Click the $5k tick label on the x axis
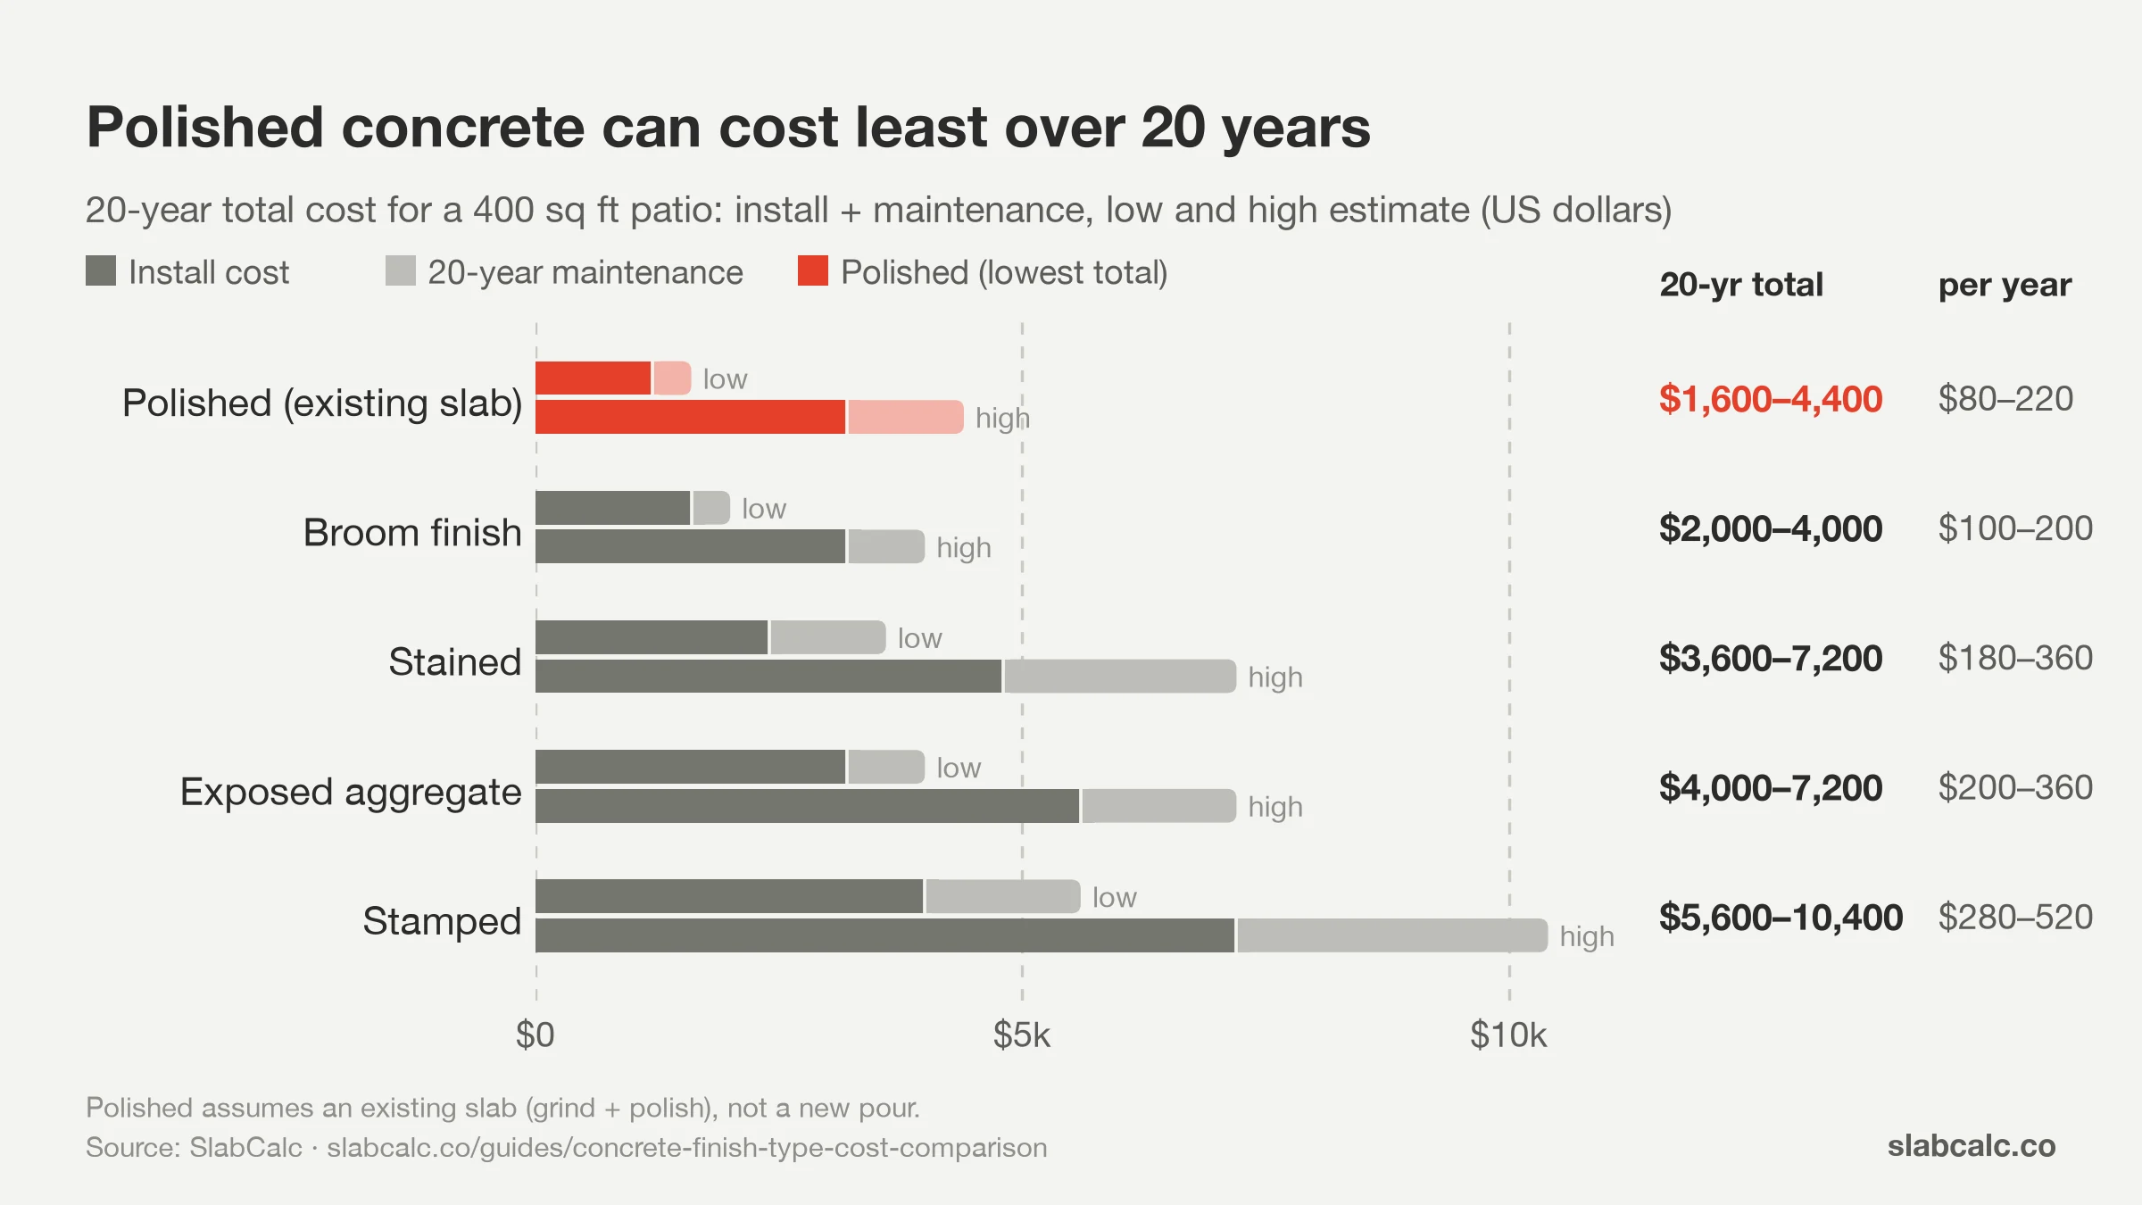(x=1022, y=1035)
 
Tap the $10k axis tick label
(x=1508, y=1035)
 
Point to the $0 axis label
(x=535, y=1035)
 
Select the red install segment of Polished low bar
(x=594, y=378)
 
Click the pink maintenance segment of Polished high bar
(x=906, y=417)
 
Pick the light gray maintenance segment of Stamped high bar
(x=1392, y=935)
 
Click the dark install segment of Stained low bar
(x=652, y=637)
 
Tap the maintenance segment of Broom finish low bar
(x=711, y=508)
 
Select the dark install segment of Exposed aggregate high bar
(x=808, y=806)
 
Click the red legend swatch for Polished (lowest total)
(x=813, y=271)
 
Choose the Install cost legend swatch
(x=101, y=271)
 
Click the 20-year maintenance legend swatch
(x=401, y=271)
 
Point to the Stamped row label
(x=442, y=921)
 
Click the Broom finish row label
(x=412, y=532)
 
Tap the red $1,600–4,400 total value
(x=1771, y=399)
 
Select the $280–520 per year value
(x=2015, y=918)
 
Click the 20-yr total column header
(x=1741, y=285)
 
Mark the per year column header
(x=2005, y=286)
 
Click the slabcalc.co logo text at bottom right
(x=1972, y=1145)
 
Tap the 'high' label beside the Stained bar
(x=1275, y=677)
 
